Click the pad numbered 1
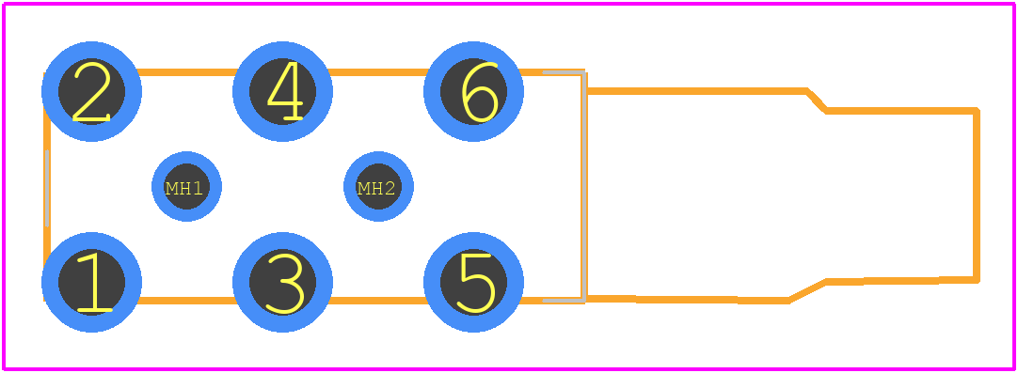pos(91,282)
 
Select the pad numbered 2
pos(91,91)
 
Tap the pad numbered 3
pos(282,282)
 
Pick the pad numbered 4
pos(282,91)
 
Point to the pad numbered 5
pos(473,282)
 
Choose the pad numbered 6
pos(473,91)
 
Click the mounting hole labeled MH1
pos(186,187)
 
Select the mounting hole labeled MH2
pos(378,187)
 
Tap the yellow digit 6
pos(480,92)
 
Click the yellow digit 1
pos(94,282)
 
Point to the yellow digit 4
pos(285,91)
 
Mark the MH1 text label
pos(184,189)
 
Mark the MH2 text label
pos(376,189)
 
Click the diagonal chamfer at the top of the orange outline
pos(816,101)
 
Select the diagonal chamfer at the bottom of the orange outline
pos(807,290)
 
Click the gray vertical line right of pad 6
pos(585,187)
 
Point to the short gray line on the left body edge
pos(47,188)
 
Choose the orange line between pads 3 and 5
pos(378,301)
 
